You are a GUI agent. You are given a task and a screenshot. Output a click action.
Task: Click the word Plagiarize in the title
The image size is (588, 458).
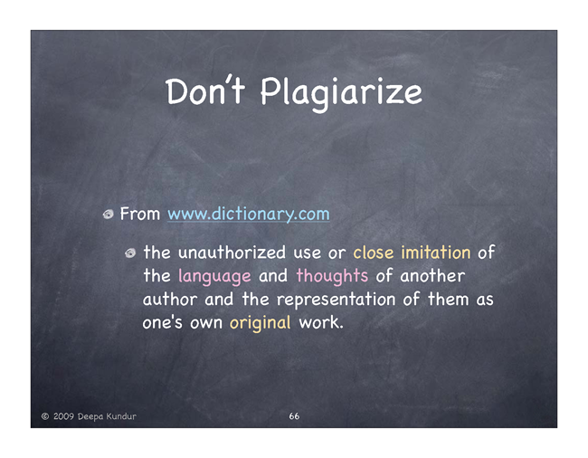(341, 93)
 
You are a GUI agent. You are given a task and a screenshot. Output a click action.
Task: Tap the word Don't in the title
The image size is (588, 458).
(205, 91)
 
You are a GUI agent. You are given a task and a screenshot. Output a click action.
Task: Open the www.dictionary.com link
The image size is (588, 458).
(249, 215)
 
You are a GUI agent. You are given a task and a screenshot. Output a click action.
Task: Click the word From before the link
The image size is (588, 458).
(140, 214)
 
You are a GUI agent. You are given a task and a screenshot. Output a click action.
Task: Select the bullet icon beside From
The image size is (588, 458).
(109, 215)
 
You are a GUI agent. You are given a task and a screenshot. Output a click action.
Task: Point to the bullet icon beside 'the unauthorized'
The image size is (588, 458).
(130, 253)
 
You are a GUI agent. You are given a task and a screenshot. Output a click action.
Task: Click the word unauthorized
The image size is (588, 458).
(232, 252)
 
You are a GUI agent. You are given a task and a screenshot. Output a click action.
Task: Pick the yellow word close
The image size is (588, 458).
(374, 252)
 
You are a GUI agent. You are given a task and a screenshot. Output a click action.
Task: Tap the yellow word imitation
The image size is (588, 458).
(436, 252)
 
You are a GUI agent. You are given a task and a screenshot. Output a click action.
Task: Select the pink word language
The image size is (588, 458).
(214, 276)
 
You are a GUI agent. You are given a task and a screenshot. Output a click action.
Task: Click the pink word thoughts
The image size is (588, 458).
(332, 276)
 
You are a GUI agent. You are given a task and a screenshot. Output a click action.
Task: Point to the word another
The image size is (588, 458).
(432, 276)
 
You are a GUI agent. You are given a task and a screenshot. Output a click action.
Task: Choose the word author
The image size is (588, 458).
(170, 300)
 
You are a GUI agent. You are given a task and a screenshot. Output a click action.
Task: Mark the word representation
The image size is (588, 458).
(336, 300)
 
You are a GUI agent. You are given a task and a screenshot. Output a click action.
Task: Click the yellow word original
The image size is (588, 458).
(261, 323)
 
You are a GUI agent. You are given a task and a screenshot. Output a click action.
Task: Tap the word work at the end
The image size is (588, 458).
(321, 322)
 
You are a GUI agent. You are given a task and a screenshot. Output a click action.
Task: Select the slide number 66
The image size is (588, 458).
(294, 416)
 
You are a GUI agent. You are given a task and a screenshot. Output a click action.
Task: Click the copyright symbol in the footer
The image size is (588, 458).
(45, 416)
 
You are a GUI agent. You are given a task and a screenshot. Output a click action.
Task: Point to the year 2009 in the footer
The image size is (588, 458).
(63, 416)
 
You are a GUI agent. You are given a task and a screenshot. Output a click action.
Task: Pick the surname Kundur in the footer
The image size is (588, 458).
(121, 416)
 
